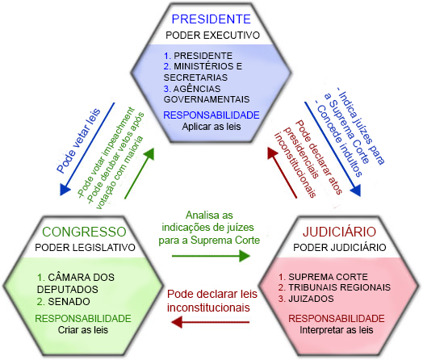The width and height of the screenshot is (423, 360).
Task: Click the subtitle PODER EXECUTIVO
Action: tap(212, 36)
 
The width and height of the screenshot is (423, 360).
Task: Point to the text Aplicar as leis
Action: tap(211, 126)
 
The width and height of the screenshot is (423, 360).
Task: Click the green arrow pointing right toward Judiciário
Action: tap(218, 255)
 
